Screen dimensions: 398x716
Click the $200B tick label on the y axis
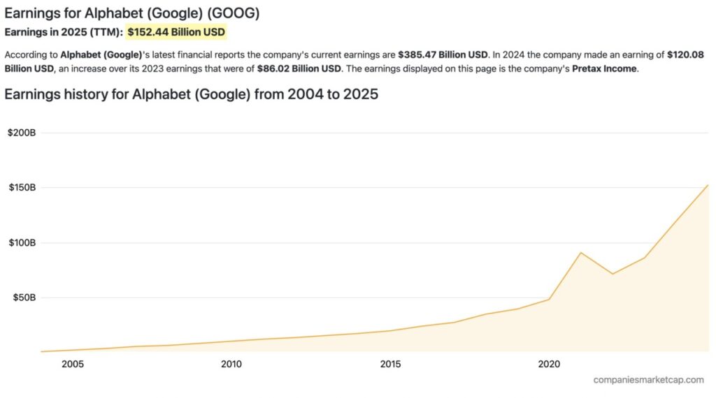(x=22, y=133)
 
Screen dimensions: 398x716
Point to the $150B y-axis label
(x=22, y=187)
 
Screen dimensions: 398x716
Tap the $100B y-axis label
(x=22, y=242)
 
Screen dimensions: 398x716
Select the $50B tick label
(x=24, y=297)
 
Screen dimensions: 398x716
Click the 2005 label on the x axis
(x=73, y=364)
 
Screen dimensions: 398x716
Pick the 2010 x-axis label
(x=231, y=364)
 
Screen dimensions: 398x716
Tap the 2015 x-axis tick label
(x=390, y=364)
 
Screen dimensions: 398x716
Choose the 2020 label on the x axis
(x=549, y=364)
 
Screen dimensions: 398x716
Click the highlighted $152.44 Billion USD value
(x=176, y=32)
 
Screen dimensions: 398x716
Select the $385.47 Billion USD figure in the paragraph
(x=443, y=54)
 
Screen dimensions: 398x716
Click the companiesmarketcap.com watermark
(x=648, y=380)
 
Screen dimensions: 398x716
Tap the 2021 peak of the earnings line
(x=581, y=253)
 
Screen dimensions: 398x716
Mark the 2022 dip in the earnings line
(x=613, y=273)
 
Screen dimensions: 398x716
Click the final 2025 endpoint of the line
(x=708, y=185)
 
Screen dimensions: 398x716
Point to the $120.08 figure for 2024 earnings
(x=689, y=54)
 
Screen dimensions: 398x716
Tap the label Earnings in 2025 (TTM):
(x=64, y=32)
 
